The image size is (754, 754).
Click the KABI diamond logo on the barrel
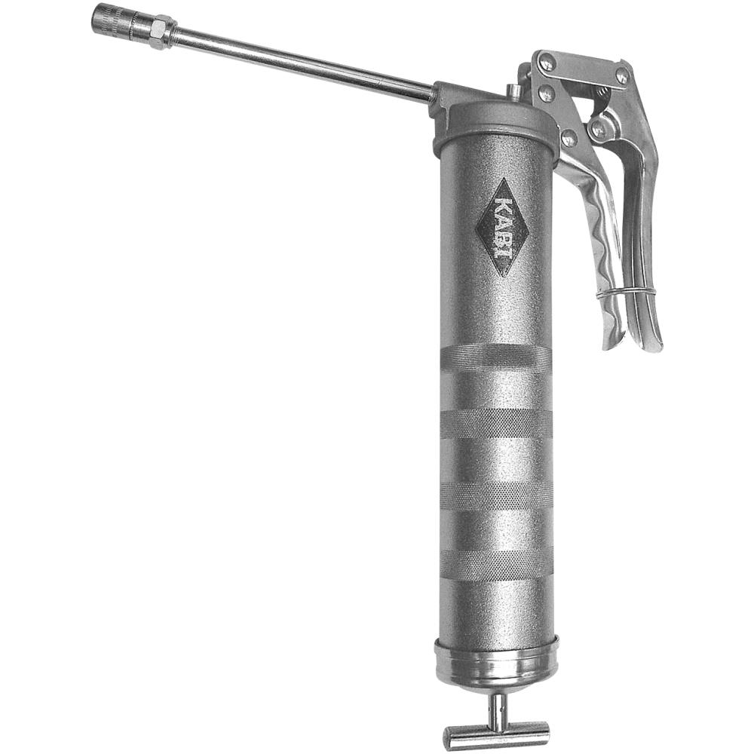click(x=501, y=227)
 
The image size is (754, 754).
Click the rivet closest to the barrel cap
click(x=569, y=138)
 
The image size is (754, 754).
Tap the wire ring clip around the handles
click(x=625, y=292)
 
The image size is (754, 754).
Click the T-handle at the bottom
click(x=496, y=734)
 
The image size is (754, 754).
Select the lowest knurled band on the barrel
click(x=496, y=564)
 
